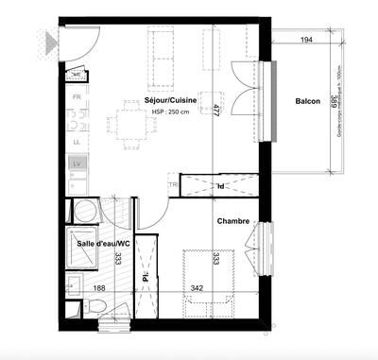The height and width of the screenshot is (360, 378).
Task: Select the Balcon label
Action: tap(307, 102)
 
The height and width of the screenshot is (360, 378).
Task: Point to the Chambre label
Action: tap(232, 221)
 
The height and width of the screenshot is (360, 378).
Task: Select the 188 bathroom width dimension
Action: tap(97, 288)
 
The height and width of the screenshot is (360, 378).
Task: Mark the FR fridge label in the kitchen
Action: tap(77, 98)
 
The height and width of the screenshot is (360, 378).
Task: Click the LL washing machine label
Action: tap(77, 142)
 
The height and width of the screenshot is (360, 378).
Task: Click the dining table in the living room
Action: tap(131, 122)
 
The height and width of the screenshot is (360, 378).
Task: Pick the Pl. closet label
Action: tap(146, 277)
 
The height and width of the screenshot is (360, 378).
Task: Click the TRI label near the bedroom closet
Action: tap(172, 185)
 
